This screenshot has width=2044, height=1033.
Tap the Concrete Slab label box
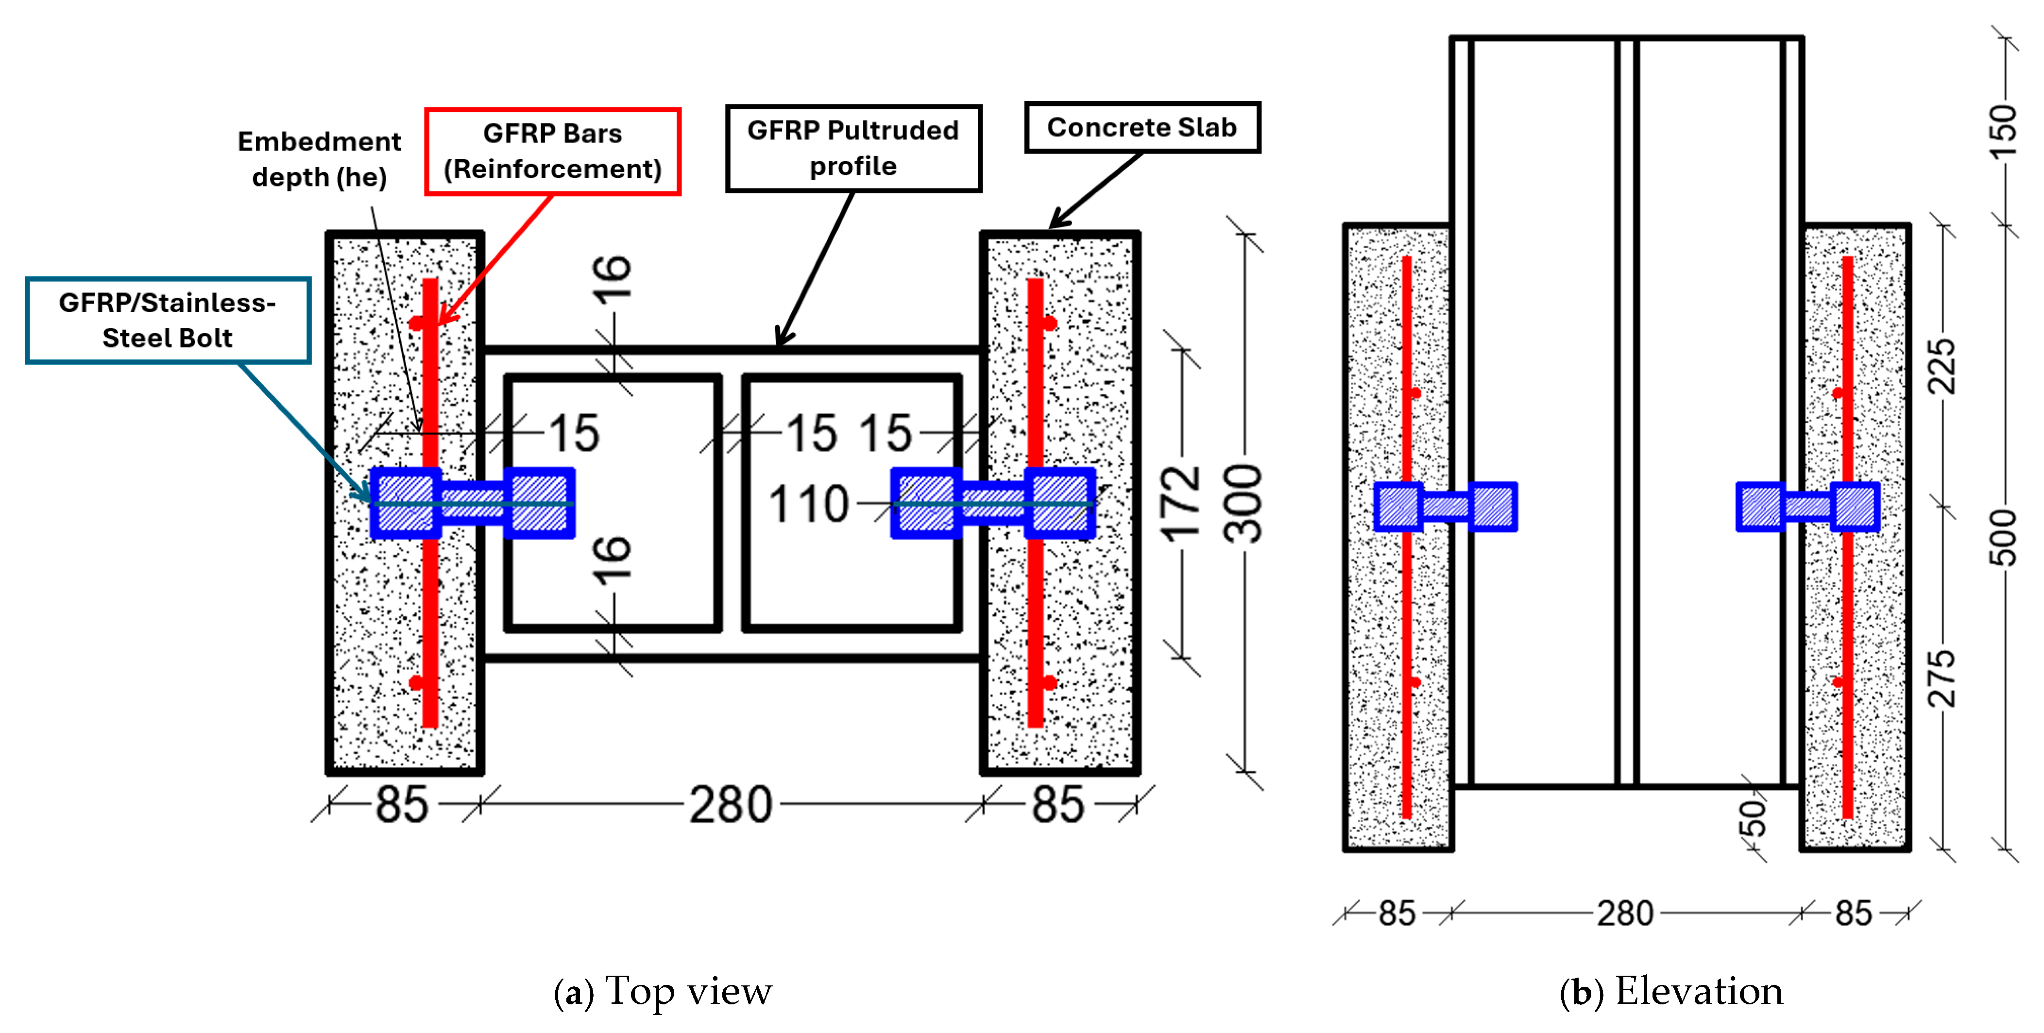point(1142,127)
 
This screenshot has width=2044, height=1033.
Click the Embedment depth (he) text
point(319,159)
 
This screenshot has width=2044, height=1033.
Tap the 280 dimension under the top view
point(730,805)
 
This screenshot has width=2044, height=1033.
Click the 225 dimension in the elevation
point(1942,367)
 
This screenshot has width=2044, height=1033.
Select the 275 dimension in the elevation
point(1942,678)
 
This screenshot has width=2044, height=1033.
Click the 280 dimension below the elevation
point(1624,913)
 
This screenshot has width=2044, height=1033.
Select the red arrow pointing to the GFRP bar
point(496,258)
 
